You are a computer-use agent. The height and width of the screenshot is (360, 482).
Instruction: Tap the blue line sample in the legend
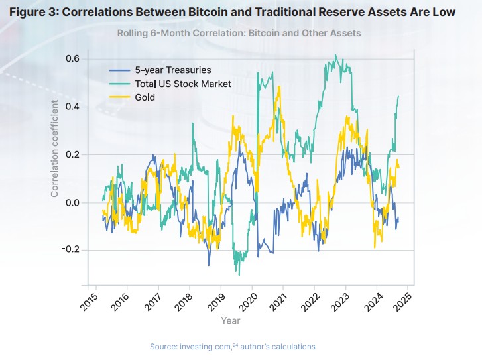[x=119, y=70]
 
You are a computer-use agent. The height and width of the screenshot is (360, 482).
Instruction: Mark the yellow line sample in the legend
[x=119, y=97]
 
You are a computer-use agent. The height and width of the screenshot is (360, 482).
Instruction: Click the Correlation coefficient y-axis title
[x=55, y=149]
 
